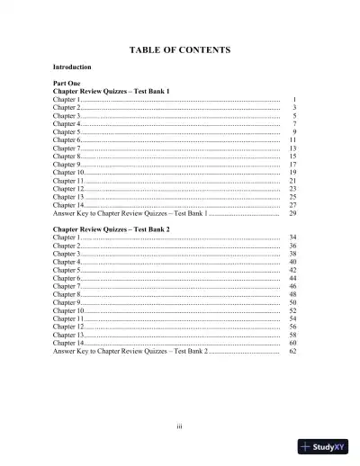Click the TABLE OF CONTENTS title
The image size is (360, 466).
tap(180, 49)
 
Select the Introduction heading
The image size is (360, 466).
tap(72, 67)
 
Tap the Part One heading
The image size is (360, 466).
tap(67, 83)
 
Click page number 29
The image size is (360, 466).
tap(292, 214)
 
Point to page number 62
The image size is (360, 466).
tap(292, 352)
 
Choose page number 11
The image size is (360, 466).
tap(292, 140)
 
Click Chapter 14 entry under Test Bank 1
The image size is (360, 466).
tap(69, 206)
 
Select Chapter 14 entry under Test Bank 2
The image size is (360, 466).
tap(69, 344)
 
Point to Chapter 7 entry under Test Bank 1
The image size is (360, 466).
tap(67, 148)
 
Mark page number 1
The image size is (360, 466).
tap(294, 99)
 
